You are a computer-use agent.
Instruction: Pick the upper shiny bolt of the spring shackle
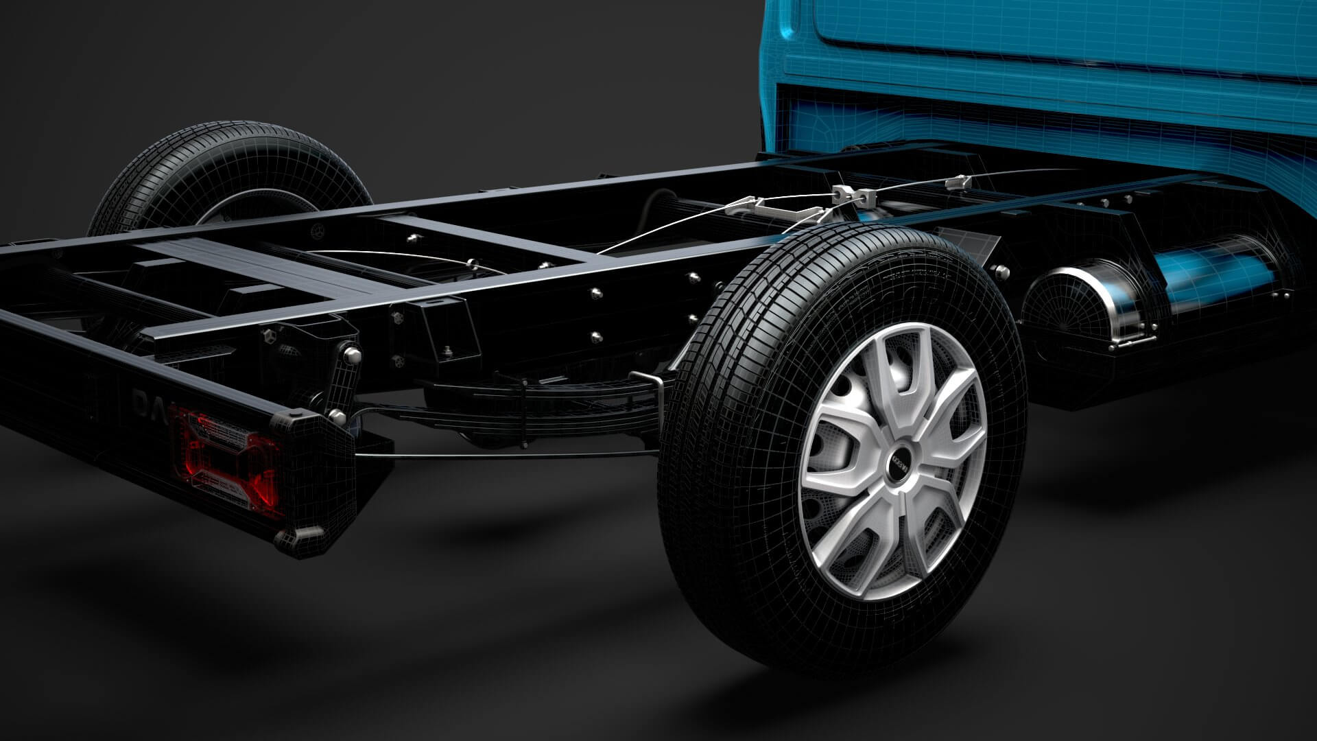[352, 354]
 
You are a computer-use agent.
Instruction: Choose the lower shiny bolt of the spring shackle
[337, 415]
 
